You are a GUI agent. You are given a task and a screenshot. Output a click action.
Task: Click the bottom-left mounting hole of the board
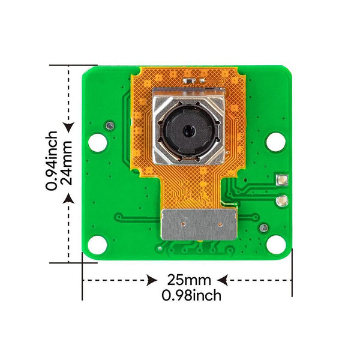point(96,244)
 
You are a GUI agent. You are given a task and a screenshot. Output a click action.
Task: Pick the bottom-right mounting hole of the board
point(275,244)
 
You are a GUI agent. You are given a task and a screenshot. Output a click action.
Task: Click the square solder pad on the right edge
point(281,179)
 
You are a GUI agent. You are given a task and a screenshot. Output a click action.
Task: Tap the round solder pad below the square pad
point(281,202)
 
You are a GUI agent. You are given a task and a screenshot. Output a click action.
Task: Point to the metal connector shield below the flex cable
point(200,225)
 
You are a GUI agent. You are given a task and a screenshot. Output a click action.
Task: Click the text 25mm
point(189,280)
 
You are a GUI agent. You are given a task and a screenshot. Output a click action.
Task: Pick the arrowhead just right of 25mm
point(222,280)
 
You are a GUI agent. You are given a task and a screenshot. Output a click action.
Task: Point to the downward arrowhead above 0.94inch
point(69,127)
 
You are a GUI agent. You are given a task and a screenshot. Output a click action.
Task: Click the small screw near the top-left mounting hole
point(110,125)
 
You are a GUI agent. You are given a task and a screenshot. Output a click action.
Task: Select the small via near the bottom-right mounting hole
point(263,227)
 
